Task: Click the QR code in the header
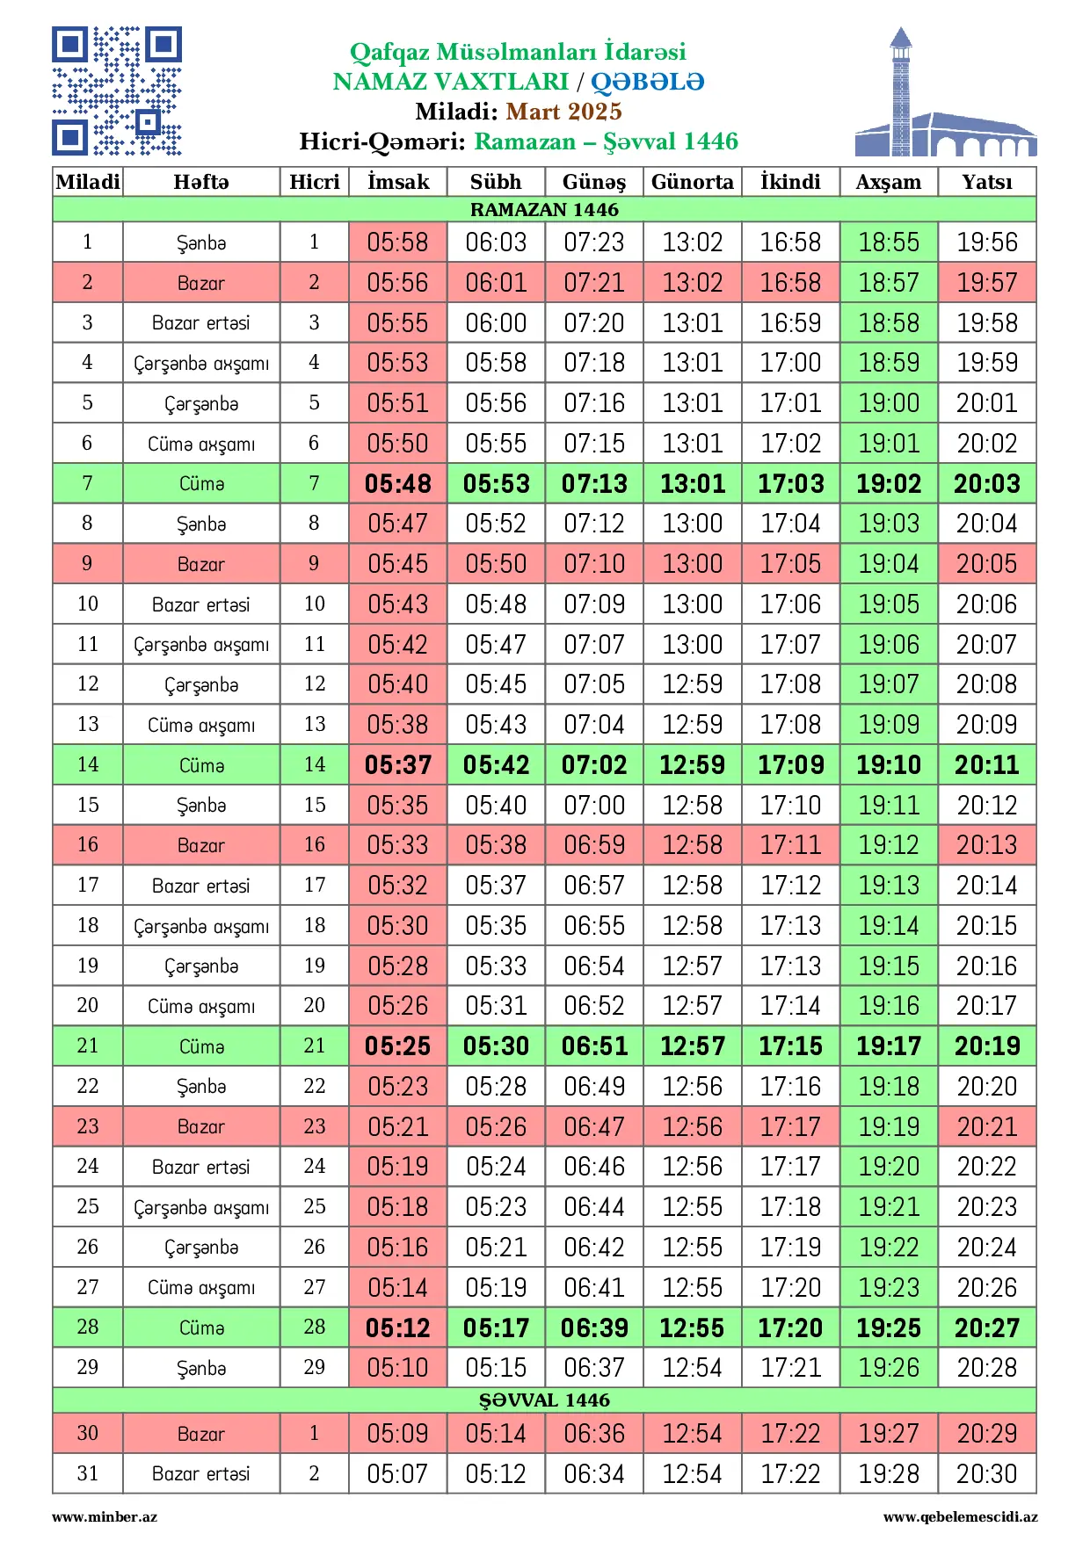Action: point(117,91)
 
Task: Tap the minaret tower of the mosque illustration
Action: point(900,92)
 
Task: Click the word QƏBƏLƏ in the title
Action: point(647,82)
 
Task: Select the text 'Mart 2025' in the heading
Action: point(563,112)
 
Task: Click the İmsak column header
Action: point(398,182)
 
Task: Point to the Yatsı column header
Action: point(986,182)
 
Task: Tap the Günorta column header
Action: point(692,182)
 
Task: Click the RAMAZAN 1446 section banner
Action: point(544,209)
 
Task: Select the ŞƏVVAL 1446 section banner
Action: point(544,1400)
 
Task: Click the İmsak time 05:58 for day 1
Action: point(398,242)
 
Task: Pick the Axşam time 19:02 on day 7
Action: point(889,483)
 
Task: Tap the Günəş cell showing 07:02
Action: point(594,764)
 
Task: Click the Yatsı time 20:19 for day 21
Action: point(986,1045)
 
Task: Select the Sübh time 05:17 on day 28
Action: point(496,1328)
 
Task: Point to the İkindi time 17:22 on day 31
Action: point(790,1473)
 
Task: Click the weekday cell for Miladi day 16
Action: point(201,845)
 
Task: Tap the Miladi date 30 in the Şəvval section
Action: point(88,1433)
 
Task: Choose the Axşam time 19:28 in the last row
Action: point(889,1473)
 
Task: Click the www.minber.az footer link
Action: point(105,1516)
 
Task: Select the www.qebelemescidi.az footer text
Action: point(960,1516)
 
